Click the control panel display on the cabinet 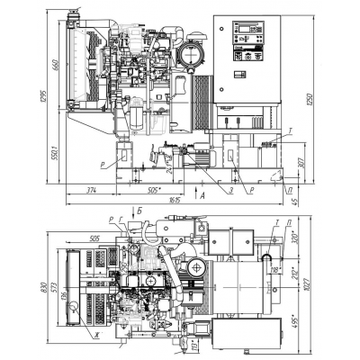click(243, 31)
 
